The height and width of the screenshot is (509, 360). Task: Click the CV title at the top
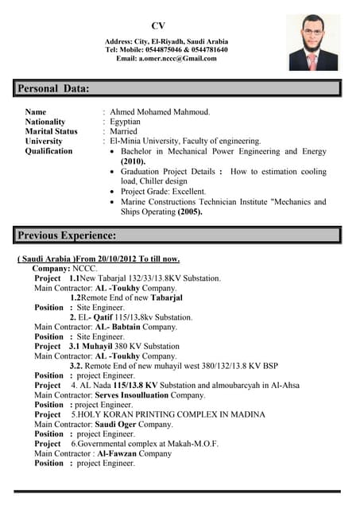158,25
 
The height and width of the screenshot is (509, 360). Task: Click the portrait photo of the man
313,46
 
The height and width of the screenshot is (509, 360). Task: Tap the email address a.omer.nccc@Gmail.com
166,58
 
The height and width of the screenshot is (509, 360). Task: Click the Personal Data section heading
54,88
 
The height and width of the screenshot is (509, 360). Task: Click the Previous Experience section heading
68,235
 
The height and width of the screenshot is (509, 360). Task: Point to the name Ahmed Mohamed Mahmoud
160,112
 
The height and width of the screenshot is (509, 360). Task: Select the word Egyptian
126,122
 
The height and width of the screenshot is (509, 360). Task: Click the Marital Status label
52,131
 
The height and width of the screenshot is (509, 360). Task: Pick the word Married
124,131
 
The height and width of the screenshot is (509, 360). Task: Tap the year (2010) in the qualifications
133,161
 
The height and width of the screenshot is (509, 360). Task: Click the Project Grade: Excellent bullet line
163,191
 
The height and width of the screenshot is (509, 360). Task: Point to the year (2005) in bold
190,212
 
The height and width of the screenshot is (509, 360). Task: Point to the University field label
44,141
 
